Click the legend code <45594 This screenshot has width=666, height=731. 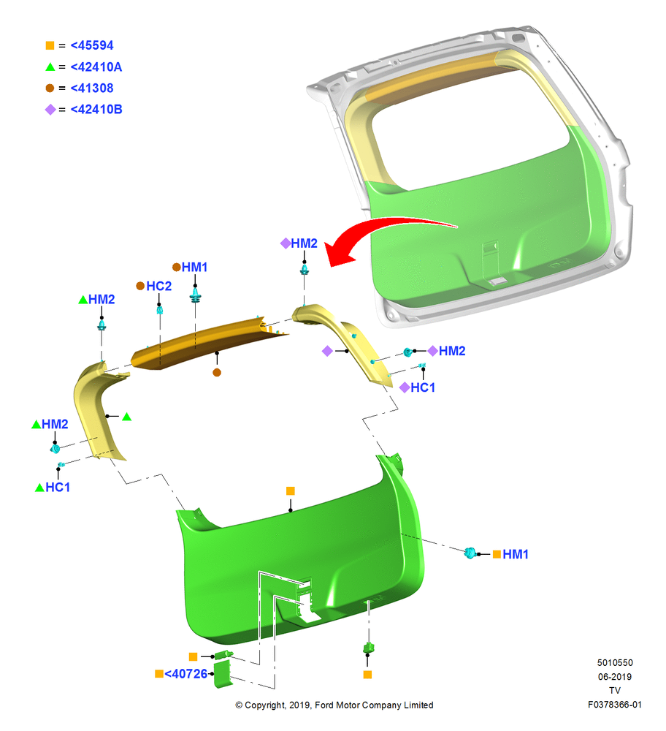point(92,45)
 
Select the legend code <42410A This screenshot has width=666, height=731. point(96,67)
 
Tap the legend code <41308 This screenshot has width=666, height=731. point(92,88)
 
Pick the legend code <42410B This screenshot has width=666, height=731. point(96,109)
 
